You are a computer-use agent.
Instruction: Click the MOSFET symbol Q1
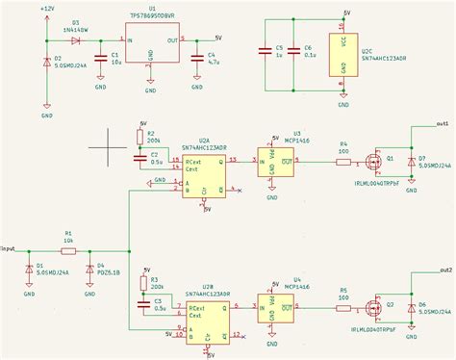(x=376, y=161)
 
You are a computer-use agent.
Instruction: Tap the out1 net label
(x=442, y=124)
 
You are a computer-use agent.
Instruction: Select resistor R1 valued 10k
(x=67, y=251)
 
